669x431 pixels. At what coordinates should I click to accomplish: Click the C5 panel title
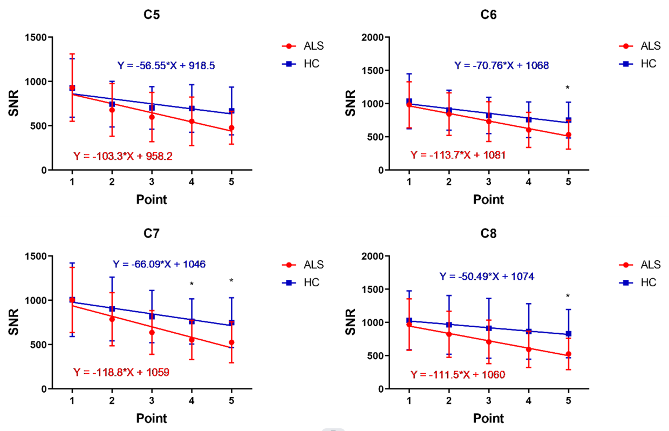pyautogui.click(x=152, y=15)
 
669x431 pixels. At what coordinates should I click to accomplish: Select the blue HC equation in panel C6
pyautogui.click(x=501, y=66)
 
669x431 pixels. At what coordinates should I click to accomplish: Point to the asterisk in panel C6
pyautogui.click(x=568, y=88)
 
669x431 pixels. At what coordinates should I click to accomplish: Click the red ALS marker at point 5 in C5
pyautogui.click(x=231, y=129)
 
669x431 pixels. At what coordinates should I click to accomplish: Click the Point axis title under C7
pyautogui.click(x=152, y=418)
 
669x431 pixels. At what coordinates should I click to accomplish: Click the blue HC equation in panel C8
pyautogui.click(x=487, y=277)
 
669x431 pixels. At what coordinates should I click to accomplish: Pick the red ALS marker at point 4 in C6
pyautogui.click(x=528, y=130)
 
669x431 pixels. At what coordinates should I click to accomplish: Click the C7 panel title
pyautogui.click(x=152, y=234)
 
